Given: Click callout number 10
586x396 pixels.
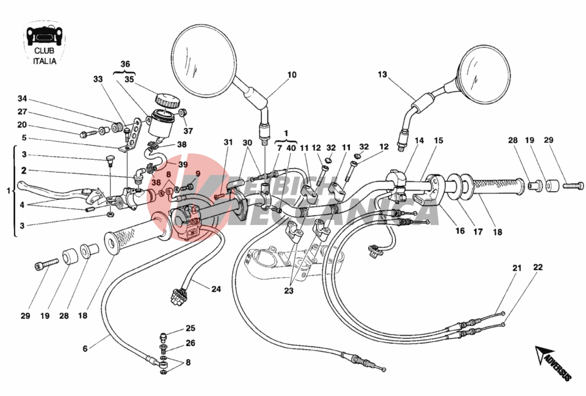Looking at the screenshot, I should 292,75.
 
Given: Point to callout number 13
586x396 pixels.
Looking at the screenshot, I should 382,75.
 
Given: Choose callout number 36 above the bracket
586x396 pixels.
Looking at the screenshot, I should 125,64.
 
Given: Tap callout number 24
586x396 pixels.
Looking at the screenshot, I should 216,289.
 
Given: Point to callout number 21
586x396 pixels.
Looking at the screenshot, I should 516,268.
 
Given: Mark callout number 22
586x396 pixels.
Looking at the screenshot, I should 538,268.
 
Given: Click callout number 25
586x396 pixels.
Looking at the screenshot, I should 191,328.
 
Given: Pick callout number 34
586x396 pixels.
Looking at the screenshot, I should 23,98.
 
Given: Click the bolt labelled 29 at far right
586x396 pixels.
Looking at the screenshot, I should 571,185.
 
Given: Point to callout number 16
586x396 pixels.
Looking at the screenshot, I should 459,231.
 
